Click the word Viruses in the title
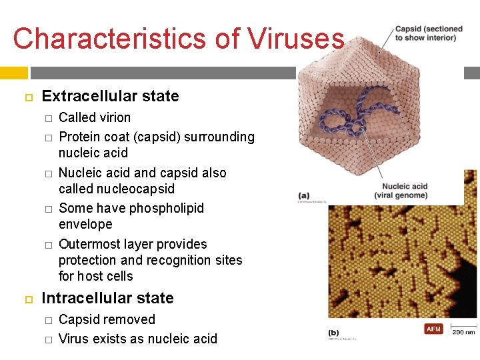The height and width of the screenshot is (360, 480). click(x=295, y=39)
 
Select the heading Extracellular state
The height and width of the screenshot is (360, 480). click(x=110, y=96)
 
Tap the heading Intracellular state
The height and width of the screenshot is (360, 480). click(x=107, y=298)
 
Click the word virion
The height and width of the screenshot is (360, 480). click(x=115, y=117)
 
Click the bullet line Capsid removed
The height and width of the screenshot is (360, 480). click(x=107, y=319)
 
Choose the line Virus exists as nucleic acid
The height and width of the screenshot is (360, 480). click(x=138, y=339)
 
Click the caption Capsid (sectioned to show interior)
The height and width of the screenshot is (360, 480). click(x=429, y=33)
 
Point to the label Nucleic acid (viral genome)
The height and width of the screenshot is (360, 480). click(x=405, y=191)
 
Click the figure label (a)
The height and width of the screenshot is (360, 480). click(x=304, y=195)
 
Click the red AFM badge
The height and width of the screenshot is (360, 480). click(x=433, y=329)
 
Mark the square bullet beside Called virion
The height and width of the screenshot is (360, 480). click(x=48, y=118)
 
